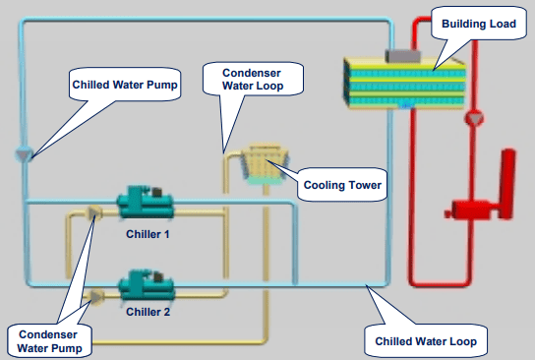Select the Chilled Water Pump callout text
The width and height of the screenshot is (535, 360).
coord(125,85)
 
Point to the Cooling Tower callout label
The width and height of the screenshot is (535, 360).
coord(341,184)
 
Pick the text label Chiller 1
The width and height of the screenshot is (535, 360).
coord(149,234)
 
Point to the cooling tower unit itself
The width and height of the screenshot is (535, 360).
coord(260,163)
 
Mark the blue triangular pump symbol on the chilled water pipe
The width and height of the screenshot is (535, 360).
coord(25,154)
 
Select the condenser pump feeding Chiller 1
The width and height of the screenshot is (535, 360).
coord(94,211)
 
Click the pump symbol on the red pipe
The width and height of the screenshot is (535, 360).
coord(475,118)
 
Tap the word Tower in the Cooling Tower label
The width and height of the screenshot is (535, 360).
coord(363,184)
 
